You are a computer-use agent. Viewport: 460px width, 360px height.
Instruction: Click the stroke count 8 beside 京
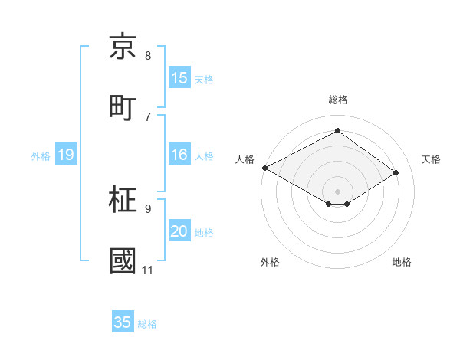(x=148, y=56)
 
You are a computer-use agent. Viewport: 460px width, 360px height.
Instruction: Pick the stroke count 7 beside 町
(x=148, y=116)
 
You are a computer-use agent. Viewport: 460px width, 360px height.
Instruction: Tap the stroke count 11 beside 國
(x=148, y=270)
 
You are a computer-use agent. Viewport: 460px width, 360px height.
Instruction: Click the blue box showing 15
(x=179, y=78)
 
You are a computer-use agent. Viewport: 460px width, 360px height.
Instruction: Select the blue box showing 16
(x=179, y=155)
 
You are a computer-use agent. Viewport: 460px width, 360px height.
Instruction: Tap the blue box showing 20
(x=179, y=232)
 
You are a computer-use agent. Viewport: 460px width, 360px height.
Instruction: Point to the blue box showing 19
(x=66, y=155)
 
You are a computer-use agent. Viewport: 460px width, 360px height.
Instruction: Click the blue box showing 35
(x=123, y=322)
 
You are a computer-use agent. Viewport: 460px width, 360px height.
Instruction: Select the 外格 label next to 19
(x=41, y=156)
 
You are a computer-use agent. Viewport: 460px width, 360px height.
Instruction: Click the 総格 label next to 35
(x=147, y=324)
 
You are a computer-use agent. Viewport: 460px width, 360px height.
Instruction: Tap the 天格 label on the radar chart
(x=431, y=159)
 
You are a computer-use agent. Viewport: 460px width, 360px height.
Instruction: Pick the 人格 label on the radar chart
(x=245, y=159)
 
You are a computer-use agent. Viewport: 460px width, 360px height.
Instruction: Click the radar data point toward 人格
(x=264, y=168)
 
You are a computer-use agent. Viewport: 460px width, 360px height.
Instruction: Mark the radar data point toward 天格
(x=396, y=173)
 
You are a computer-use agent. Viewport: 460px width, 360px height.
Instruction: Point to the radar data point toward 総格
(x=337, y=131)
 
